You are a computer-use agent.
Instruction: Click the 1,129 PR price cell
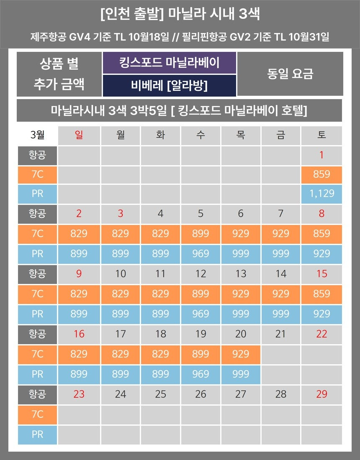point(321,193)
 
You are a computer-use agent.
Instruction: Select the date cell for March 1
point(321,155)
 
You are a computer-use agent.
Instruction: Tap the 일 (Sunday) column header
point(79,135)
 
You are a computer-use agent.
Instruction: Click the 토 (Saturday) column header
point(321,135)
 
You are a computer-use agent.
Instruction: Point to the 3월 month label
point(37,135)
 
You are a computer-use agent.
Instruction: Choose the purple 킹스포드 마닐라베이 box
point(169,63)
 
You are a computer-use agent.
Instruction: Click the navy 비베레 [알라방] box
point(169,85)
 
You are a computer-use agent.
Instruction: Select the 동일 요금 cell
point(290,74)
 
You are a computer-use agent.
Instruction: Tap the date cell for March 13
point(240,274)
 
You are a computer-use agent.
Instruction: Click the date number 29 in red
point(321,394)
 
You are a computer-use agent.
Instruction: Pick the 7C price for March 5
point(201,233)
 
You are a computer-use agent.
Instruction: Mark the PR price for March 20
point(240,374)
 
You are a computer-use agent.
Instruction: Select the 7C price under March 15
point(321,294)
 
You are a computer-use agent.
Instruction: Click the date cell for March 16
point(79,334)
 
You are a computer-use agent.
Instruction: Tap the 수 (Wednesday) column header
point(201,135)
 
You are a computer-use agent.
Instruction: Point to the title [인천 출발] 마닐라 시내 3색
point(180,14)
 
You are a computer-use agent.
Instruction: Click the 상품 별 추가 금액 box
point(59,74)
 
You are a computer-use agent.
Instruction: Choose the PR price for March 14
point(280,314)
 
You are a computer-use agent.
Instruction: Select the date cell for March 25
point(160,394)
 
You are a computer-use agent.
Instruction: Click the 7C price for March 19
point(201,354)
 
